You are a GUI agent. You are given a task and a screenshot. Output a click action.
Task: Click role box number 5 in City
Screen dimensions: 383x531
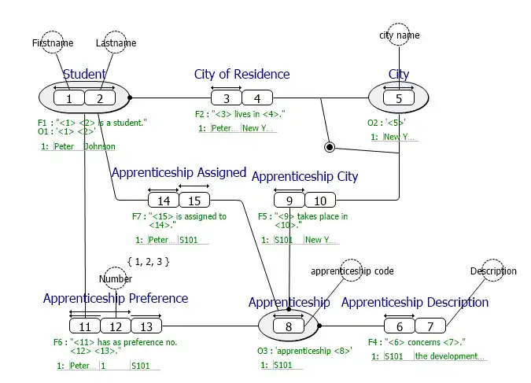399,98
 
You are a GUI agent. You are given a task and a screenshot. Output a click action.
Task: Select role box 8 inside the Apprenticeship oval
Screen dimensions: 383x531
289,326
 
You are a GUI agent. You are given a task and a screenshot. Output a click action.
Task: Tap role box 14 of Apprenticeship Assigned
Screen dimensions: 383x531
164,200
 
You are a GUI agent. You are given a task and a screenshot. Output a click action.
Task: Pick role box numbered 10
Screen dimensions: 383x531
320,201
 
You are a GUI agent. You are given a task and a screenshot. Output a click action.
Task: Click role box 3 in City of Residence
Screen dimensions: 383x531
226,98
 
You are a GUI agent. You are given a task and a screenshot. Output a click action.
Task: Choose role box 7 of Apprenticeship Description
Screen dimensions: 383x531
430,326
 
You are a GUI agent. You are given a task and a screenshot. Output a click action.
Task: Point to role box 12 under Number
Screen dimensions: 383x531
115,326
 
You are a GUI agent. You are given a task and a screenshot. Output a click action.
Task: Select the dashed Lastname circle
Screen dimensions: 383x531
116,43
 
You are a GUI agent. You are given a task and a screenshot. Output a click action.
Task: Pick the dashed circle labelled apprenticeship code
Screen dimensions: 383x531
352,271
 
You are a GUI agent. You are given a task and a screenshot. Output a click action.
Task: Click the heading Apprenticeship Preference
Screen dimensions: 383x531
116,299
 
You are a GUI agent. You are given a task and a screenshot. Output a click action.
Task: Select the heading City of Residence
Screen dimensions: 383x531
242,75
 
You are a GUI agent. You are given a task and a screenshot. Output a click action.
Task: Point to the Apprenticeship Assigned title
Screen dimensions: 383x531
179,173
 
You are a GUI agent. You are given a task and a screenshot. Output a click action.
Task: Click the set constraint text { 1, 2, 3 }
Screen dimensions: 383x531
148,261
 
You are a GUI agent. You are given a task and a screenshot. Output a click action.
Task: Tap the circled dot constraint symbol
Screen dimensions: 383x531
330,146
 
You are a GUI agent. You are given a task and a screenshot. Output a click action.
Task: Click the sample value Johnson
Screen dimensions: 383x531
100,147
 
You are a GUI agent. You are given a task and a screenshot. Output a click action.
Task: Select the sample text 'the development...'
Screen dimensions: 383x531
451,357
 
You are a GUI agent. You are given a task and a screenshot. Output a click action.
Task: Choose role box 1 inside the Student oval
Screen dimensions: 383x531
69,98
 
